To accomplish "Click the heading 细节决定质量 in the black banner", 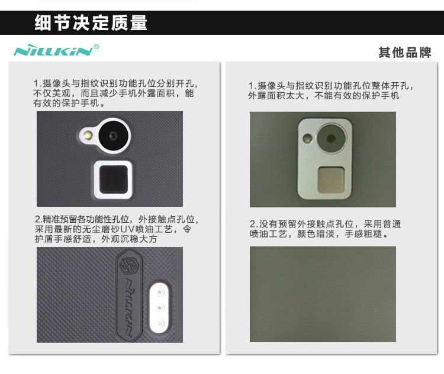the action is tap(91, 22).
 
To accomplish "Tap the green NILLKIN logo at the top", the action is tap(53, 51).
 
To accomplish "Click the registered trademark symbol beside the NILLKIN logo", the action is tap(96, 47).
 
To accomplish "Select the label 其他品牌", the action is tap(405, 53).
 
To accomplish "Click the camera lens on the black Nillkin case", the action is tap(114, 135).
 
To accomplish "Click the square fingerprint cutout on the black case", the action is tap(113, 180).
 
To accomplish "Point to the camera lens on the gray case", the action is tap(331, 138).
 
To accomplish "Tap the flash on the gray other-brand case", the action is tap(307, 139).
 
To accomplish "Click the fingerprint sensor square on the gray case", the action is tap(332, 180).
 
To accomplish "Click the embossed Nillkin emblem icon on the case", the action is tap(127, 266).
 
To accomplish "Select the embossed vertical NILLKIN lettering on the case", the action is tap(129, 308).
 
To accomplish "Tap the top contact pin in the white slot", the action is tap(160, 292).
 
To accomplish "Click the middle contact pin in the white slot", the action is tap(160, 308).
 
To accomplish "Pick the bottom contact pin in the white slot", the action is tap(160, 323).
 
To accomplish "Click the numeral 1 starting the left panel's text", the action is tap(36, 84).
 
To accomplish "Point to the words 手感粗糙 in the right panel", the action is tap(363, 234).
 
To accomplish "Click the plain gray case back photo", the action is tap(323, 294).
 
